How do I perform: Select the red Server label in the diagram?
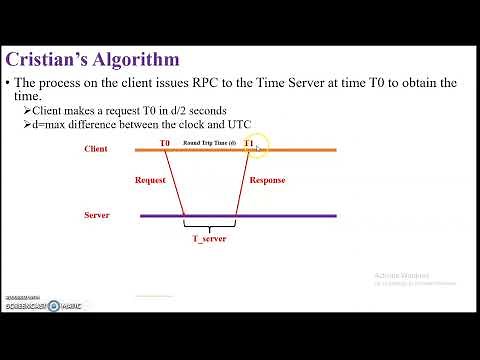pos(97,215)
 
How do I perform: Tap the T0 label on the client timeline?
pos(165,144)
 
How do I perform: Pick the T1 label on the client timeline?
pos(248,144)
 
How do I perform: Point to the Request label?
pos(150,181)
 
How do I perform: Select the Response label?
pos(266,181)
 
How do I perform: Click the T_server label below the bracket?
pos(209,240)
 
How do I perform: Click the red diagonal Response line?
pos(242,183)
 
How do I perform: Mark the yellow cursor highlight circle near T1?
pos(256,149)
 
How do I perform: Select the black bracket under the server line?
pos(209,226)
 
